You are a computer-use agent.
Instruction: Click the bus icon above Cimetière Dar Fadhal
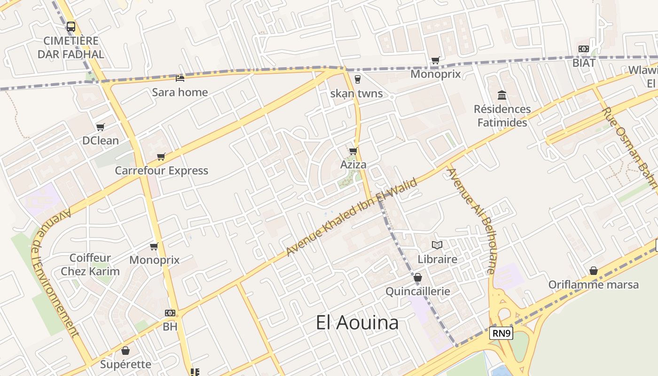click(x=71, y=27)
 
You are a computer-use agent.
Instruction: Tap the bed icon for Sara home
click(x=180, y=78)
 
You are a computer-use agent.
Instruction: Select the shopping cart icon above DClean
click(x=100, y=127)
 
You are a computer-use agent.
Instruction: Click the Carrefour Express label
click(x=161, y=170)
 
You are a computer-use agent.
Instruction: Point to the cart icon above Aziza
click(x=353, y=151)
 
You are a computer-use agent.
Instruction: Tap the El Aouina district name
click(x=357, y=322)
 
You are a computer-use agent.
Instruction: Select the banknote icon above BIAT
click(x=584, y=49)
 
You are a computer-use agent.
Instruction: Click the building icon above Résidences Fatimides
click(x=502, y=95)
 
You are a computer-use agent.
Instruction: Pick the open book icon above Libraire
click(x=437, y=245)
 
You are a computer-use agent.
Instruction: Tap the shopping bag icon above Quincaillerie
click(x=417, y=278)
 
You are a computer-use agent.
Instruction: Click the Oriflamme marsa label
click(x=594, y=284)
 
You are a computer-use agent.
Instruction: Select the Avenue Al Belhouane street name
click(x=471, y=220)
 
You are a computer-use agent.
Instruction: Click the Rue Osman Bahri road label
click(x=629, y=146)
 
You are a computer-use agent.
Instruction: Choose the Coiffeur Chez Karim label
click(x=90, y=265)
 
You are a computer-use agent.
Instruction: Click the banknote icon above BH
click(x=170, y=313)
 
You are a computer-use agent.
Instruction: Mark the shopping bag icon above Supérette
click(x=125, y=351)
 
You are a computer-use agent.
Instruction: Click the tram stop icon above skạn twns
click(x=357, y=79)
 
